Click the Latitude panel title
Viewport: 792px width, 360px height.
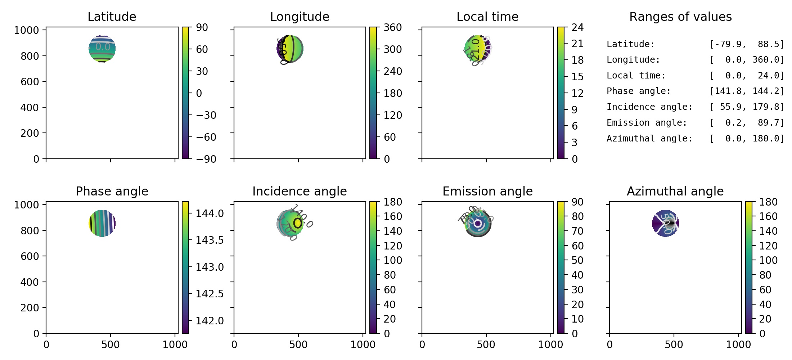(x=112, y=17)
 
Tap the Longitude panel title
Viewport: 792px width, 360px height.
(x=300, y=17)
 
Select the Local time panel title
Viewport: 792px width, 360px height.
(x=487, y=17)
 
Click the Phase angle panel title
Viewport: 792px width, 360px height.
(x=112, y=191)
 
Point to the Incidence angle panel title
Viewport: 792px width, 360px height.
(x=300, y=191)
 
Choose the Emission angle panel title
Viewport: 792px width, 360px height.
(x=487, y=191)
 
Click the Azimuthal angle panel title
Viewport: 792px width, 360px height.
(x=675, y=191)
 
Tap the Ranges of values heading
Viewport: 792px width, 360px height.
(x=680, y=17)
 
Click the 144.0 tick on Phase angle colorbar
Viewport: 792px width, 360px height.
(x=210, y=213)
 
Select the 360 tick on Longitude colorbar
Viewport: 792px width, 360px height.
(x=392, y=27)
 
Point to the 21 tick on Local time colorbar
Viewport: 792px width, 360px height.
(x=577, y=44)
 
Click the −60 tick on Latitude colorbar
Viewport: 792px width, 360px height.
(x=206, y=137)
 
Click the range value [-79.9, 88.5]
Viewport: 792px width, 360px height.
(x=747, y=44)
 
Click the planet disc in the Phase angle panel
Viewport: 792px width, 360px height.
(x=102, y=223)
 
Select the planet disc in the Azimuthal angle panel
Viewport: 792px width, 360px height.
(x=665, y=223)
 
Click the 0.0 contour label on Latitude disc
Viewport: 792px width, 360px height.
(x=103, y=46)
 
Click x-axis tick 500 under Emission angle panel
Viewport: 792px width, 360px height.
(x=486, y=345)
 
